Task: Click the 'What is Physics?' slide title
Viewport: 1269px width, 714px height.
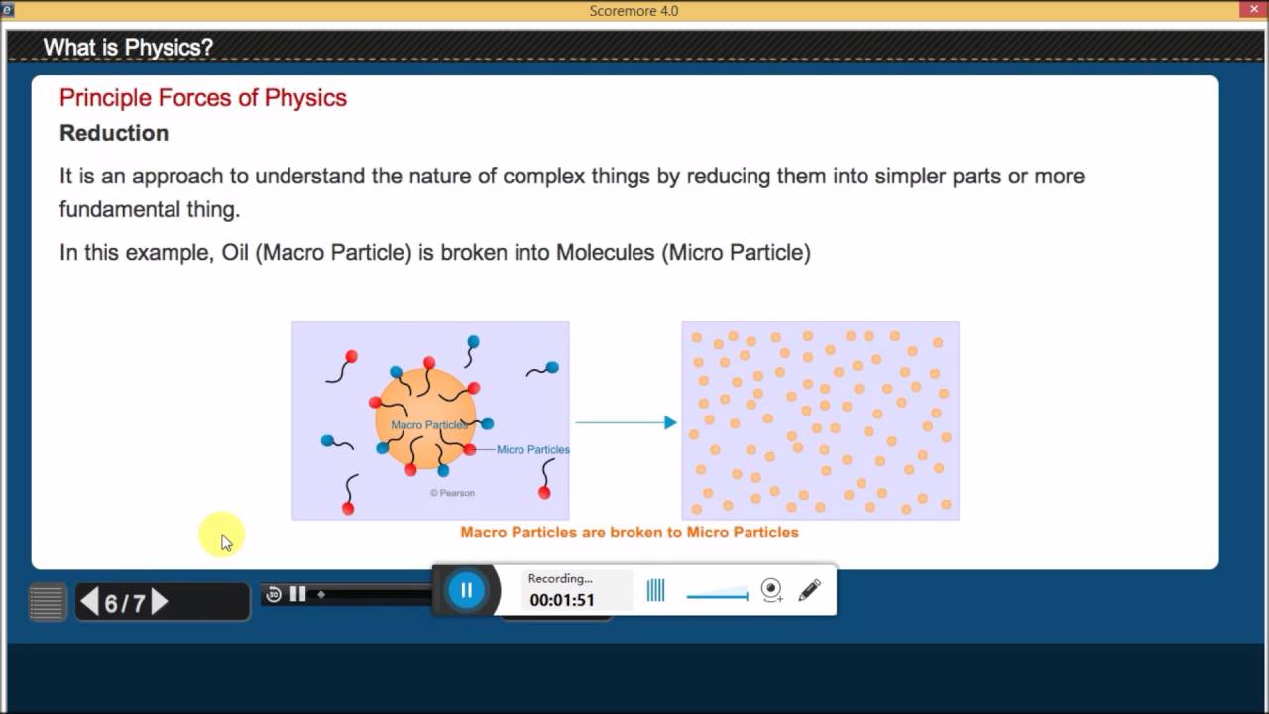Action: pyautogui.click(x=128, y=47)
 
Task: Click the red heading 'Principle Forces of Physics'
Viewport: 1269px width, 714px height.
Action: pyautogui.click(x=203, y=97)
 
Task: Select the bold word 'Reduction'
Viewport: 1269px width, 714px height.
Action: pyautogui.click(x=114, y=133)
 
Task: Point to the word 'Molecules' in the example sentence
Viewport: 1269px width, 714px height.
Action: pyautogui.click(x=604, y=252)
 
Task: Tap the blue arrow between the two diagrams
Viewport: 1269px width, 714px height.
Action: pyautogui.click(x=626, y=422)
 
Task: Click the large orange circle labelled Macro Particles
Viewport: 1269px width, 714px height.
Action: pyautogui.click(x=426, y=407)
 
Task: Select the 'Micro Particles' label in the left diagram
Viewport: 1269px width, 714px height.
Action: pyautogui.click(x=533, y=449)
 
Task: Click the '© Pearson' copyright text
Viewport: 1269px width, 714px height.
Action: pyautogui.click(x=452, y=493)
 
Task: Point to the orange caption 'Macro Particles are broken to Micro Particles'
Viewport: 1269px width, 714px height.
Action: pyautogui.click(x=630, y=533)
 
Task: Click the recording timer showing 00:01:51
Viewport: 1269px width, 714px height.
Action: pyautogui.click(x=562, y=600)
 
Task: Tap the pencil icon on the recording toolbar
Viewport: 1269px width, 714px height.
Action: pyautogui.click(x=809, y=591)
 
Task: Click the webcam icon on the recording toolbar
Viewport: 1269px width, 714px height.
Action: pyautogui.click(x=771, y=591)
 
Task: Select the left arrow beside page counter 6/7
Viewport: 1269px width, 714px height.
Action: pyautogui.click(x=89, y=602)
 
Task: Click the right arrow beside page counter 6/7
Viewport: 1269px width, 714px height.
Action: pyautogui.click(x=160, y=602)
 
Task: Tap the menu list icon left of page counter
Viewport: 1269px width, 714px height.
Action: pyautogui.click(x=47, y=602)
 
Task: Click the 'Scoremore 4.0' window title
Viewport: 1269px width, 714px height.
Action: pyautogui.click(x=634, y=11)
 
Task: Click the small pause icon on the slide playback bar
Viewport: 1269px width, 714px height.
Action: pyautogui.click(x=297, y=594)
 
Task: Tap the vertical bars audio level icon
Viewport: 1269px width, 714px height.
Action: pyautogui.click(x=655, y=591)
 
